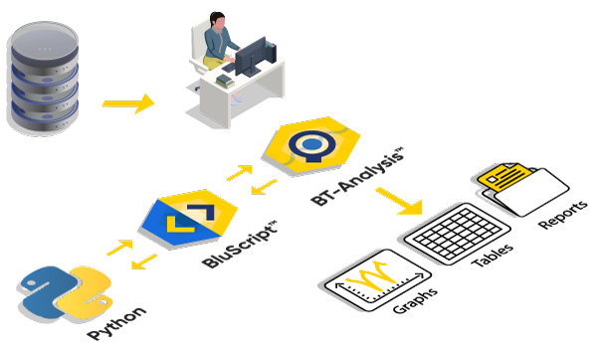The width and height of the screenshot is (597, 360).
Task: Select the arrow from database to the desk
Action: [128, 103]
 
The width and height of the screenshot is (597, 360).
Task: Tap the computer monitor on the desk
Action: [252, 57]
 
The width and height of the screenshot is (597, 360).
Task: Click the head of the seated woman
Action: [218, 21]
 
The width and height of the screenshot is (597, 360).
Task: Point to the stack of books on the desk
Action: [225, 81]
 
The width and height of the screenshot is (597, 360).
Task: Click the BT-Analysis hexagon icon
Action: [311, 145]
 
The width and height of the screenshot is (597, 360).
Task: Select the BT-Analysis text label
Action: [357, 177]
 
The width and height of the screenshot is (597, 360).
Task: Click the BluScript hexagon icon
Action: [189, 218]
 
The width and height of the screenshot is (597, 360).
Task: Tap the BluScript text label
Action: [240, 245]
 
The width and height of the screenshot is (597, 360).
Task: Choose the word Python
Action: [116, 322]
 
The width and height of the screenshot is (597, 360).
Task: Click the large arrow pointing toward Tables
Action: [400, 201]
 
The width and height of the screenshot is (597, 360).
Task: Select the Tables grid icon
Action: [458, 234]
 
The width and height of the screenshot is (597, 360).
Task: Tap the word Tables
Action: [493, 255]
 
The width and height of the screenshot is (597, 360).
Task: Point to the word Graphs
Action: [415, 300]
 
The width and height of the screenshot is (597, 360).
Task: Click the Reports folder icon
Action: [523, 188]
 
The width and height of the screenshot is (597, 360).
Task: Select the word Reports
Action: [563, 214]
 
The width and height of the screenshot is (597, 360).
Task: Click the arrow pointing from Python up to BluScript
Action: [120, 247]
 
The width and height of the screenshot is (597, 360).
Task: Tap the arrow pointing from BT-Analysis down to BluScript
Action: [265, 187]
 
